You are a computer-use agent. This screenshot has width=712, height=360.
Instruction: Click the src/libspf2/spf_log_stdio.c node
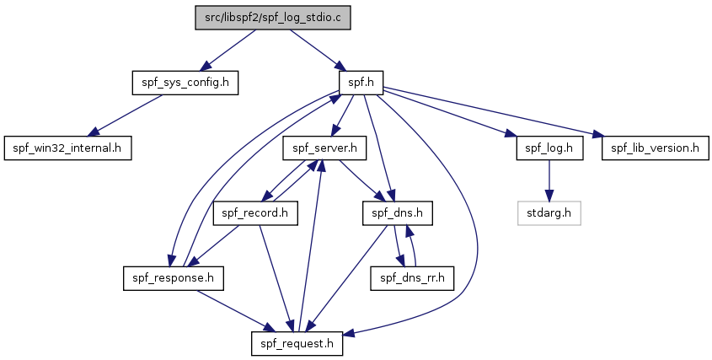272,18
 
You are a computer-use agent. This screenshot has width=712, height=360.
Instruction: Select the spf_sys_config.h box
185,83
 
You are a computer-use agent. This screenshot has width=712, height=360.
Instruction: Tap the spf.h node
361,83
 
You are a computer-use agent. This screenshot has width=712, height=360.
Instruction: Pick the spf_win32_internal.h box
67,148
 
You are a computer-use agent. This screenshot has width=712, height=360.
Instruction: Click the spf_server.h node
324,148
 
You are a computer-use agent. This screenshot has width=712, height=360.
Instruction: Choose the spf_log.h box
549,148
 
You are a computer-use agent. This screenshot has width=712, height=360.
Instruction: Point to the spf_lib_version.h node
656,148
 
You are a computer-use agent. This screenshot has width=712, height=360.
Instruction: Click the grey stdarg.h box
549,212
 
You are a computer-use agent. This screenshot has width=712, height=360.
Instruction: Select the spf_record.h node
255,212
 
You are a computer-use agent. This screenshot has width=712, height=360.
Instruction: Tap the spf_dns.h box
398,212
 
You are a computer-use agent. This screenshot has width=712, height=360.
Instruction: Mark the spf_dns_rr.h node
412,277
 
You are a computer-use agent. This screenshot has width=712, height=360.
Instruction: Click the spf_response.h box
173,277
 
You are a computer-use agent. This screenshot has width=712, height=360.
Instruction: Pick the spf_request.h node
297,343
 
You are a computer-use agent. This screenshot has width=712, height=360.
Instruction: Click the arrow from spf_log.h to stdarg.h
549,180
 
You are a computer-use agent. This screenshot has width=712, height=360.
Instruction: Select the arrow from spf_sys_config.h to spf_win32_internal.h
126,116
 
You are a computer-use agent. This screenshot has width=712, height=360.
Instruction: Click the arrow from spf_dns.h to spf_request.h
347,278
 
